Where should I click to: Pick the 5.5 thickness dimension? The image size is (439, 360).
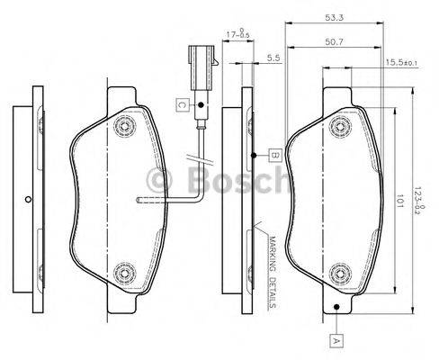point(273,59)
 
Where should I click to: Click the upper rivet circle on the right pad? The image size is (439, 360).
point(338,124)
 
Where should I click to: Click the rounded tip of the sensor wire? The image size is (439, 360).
point(139,200)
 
